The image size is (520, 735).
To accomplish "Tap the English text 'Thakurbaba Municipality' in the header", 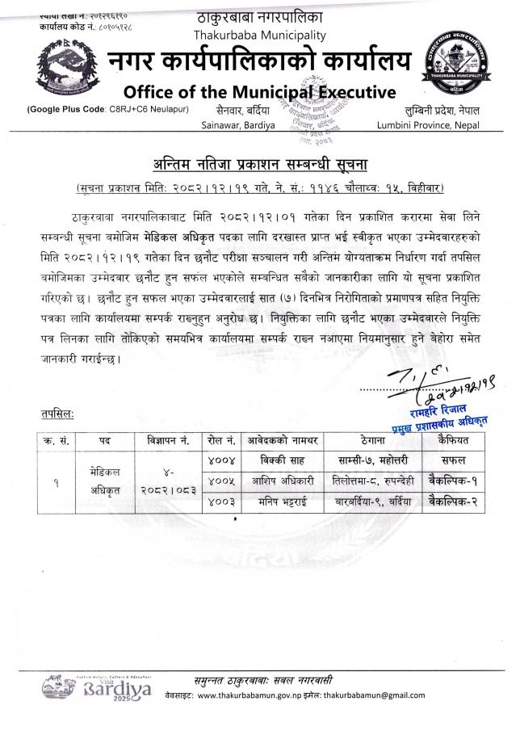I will coord(259,35).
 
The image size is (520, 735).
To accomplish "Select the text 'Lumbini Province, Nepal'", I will coord(428,125).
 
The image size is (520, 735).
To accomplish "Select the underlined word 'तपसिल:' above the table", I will coord(57,414).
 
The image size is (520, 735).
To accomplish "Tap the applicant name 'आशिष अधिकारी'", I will coord(281,481).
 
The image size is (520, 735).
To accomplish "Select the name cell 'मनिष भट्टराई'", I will coord(281,501).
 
